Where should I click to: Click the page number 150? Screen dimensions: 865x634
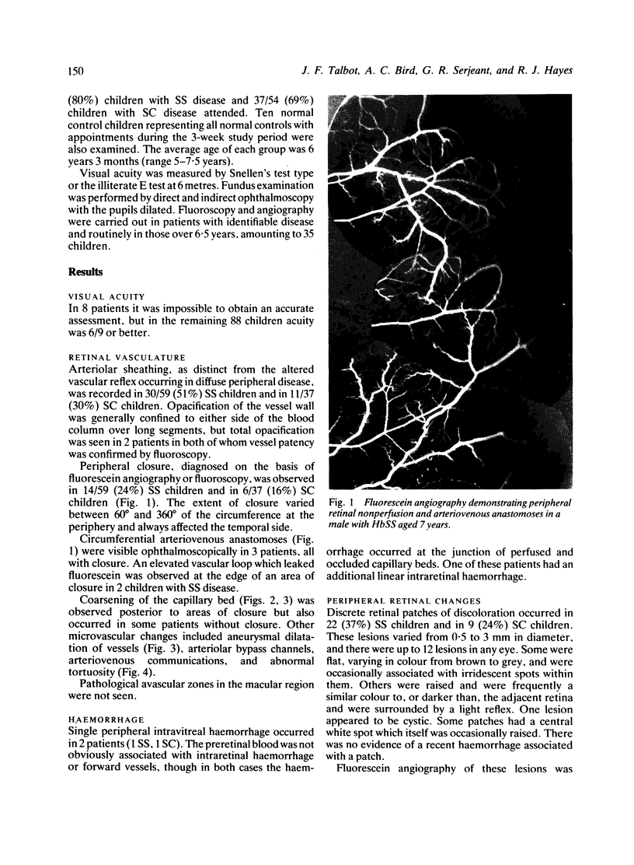[x=71, y=71]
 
